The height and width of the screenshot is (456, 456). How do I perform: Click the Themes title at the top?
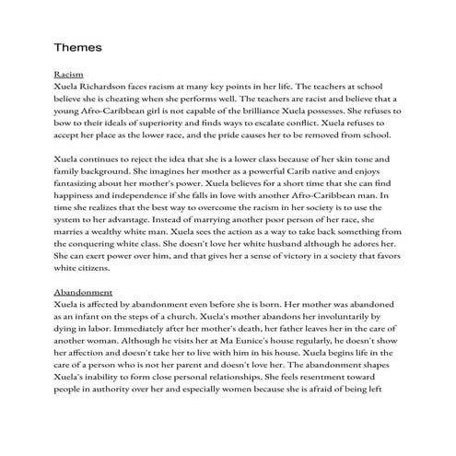81,46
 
